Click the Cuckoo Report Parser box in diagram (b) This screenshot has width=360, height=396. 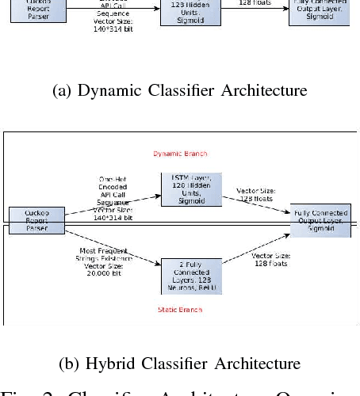pos(29,219)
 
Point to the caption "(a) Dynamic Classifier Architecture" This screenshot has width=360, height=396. pos(179,91)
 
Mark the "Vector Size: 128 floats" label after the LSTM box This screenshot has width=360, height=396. pos(257,194)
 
